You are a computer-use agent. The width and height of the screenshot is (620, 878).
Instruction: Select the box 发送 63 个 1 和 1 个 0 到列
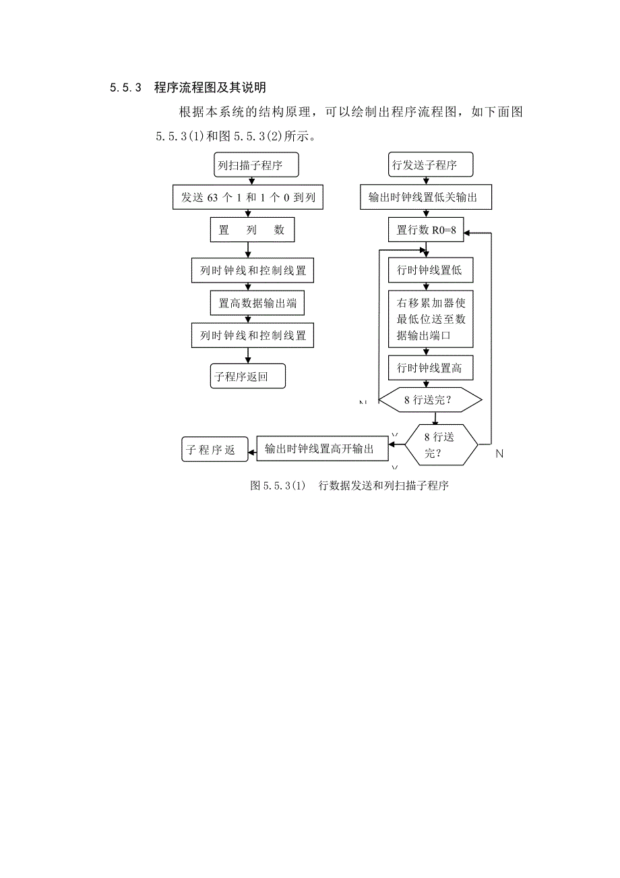click(x=248, y=198)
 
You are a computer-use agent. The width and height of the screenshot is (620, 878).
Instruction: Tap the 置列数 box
click(x=252, y=230)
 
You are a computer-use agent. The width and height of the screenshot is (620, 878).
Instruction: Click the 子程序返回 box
click(x=247, y=376)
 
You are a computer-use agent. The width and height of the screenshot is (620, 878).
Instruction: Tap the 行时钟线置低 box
click(x=430, y=270)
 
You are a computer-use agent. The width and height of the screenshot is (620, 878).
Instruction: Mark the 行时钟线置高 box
click(x=430, y=369)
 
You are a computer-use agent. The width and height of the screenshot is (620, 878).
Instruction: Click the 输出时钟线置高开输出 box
click(x=323, y=448)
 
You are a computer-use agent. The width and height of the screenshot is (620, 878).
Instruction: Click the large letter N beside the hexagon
click(x=499, y=454)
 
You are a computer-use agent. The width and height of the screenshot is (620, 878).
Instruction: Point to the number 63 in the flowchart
click(x=212, y=198)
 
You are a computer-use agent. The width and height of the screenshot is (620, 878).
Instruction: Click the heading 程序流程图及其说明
click(x=210, y=88)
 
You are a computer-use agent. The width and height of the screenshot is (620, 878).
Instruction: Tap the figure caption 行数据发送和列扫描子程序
click(x=383, y=486)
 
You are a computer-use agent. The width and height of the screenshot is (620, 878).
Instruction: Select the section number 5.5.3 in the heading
click(x=125, y=88)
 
